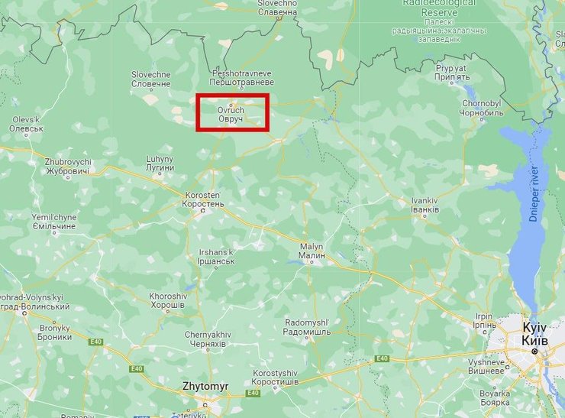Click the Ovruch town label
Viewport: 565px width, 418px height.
coord(231,115)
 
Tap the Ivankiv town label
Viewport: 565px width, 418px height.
coord(425,205)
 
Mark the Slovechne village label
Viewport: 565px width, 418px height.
coord(150,78)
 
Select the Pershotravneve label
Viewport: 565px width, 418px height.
coord(241,78)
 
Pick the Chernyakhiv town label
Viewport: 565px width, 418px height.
coord(206,339)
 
